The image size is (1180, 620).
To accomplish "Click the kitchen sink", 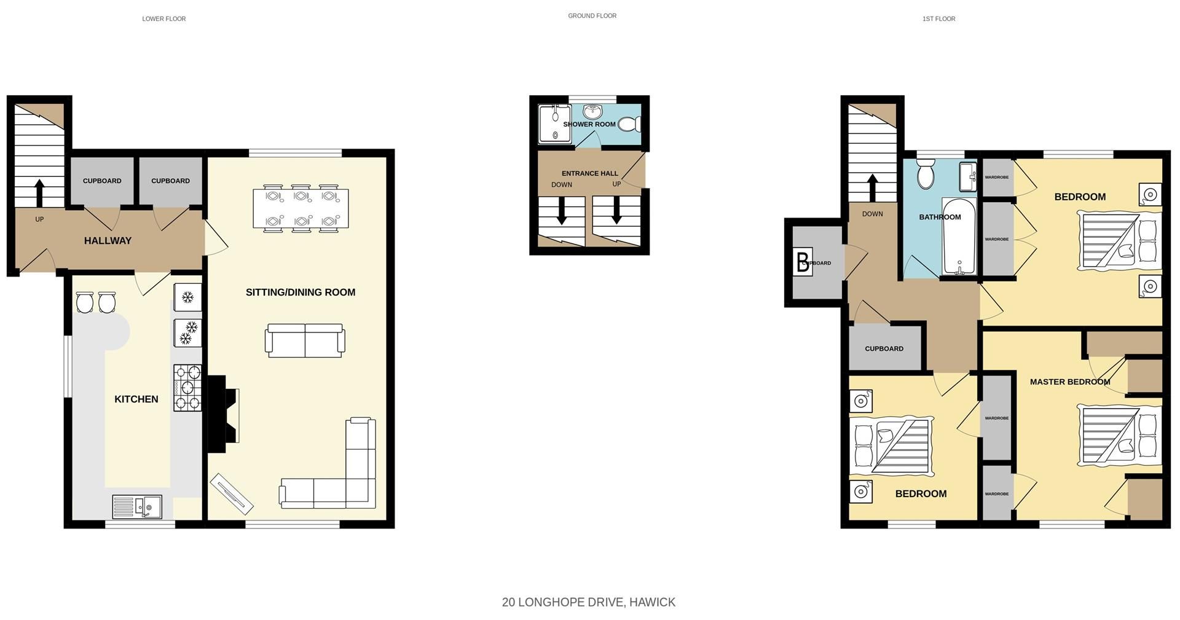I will point(137,507).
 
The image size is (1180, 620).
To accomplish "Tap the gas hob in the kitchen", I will point(187,388).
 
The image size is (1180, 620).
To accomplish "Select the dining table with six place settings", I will point(301,208).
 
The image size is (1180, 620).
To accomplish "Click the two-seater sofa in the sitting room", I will point(305,340).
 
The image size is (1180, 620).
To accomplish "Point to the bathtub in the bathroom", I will point(959,236).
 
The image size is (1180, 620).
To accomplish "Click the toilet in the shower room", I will point(629,125).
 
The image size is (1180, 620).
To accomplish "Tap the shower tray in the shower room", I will point(554,125).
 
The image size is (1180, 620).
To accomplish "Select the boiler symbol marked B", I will point(803,262).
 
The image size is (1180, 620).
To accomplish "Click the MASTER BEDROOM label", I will point(1069,382).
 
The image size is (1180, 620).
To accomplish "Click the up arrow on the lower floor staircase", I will point(39,192).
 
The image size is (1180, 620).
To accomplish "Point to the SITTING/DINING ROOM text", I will point(300,292).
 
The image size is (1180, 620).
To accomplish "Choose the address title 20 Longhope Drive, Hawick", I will point(588,602).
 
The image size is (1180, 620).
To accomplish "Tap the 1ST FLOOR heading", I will point(938,19).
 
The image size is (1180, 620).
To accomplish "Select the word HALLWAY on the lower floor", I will point(108,241).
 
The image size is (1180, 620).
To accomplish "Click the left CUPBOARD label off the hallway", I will point(102,181).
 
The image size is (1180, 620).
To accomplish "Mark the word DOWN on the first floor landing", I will point(872,214).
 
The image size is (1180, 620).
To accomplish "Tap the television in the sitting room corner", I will point(231,493).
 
